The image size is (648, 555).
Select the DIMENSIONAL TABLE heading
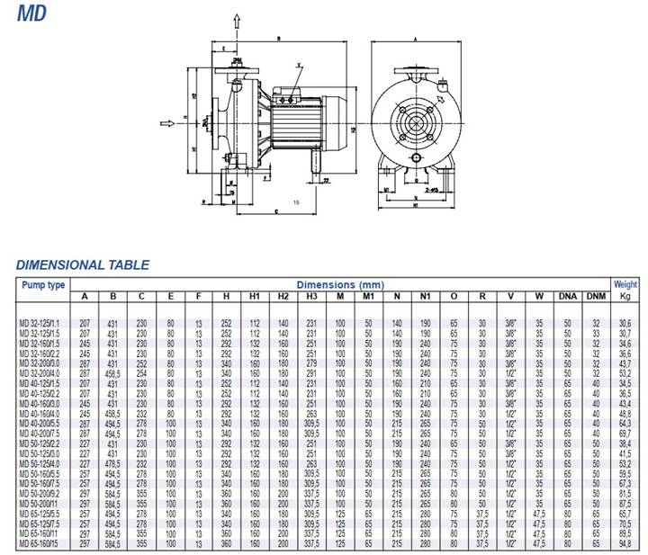(x=83, y=264)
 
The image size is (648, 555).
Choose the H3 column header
(x=311, y=296)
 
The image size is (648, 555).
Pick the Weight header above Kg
(x=625, y=284)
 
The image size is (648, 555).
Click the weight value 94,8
(x=625, y=544)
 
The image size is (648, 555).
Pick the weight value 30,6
(x=625, y=322)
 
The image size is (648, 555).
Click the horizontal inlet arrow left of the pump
(x=166, y=123)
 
